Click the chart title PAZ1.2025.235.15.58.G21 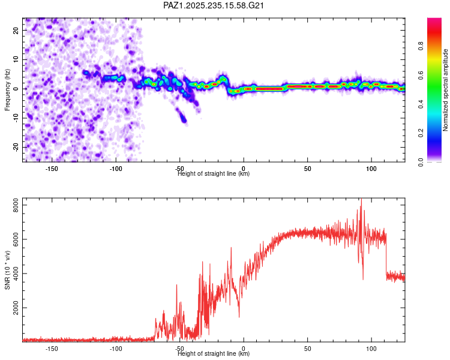(x=213, y=5)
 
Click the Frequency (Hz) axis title (x=7, y=90)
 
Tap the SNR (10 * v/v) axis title (x=7, y=270)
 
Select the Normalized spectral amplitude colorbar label (x=445, y=90)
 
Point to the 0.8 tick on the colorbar (x=421, y=46)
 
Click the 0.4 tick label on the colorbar (x=421, y=104)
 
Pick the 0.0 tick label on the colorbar (x=421, y=163)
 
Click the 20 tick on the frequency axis (x=16, y=30)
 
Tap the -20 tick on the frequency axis (x=16, y=147)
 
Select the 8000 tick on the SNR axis (x=16, y=205)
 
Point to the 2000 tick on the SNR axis (x=16, y=308)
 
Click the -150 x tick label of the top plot (x=52, y=169)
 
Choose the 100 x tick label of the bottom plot (x=371, y=349)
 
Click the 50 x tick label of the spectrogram (x=307, y=169)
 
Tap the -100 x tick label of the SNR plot (x=116, y=349)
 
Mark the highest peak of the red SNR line (x=361, y=199)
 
